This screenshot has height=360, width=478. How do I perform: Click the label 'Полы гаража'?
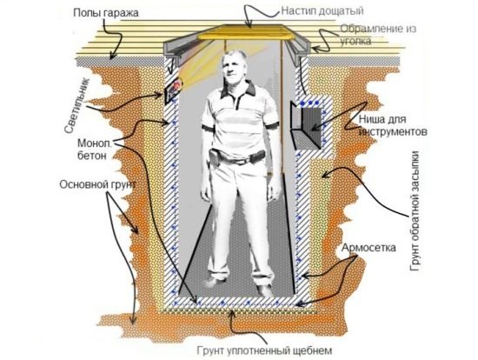click(x=106, y=13)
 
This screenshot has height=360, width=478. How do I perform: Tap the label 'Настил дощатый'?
click(x=322, y=10)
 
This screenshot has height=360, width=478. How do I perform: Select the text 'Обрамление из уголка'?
click(x=378, y=35)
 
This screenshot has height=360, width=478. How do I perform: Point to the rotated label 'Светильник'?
click(x=76, y=105)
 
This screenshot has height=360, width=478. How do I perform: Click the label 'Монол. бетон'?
click(x=95, y=150)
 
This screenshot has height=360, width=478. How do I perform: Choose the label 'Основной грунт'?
click(x=97, y=184)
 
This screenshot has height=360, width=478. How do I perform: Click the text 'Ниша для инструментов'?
click(x=392, y=125)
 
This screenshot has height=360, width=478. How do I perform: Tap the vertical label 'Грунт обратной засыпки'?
click(x=416, y=211)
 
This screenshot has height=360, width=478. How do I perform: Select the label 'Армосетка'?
click(x=368, y=248)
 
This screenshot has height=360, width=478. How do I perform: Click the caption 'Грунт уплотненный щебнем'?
click(x=264, y=350)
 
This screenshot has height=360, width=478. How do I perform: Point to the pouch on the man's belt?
click(x=215, y=157)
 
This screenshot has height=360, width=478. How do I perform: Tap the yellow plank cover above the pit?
click(x=246, y=32)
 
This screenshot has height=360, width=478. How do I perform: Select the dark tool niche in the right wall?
click(x=307, y=126)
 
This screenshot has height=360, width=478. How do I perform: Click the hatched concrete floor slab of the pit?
click(x=237, y=301)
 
